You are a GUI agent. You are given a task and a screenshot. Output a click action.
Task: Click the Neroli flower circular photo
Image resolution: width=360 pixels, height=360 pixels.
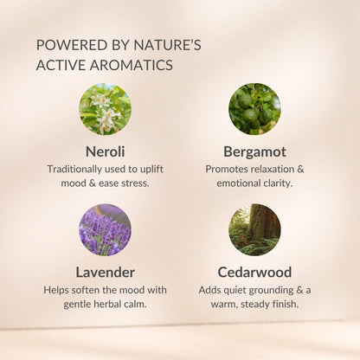pos(106,109)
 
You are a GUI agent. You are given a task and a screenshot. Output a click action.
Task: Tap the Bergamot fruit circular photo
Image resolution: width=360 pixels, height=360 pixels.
pos(254,109)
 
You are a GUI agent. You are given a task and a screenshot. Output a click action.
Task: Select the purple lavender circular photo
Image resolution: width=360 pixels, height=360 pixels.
pos(106,230)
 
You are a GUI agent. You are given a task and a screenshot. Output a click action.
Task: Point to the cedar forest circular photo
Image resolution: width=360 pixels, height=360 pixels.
pos(254,230)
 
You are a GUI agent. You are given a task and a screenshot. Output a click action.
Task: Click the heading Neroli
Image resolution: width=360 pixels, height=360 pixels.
pos(106,151)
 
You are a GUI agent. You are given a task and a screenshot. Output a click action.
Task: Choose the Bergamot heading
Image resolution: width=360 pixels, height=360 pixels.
pos(254,152)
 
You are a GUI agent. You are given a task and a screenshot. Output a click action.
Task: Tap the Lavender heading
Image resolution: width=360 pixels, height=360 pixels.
pos(106,273)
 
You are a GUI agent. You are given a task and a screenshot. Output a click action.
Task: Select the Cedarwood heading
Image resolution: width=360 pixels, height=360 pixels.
pos(254,273)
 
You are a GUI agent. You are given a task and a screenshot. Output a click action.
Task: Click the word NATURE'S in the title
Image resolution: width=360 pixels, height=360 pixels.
pos(168,45)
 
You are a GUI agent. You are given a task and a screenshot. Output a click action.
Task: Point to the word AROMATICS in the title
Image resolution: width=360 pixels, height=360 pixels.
pos(132,65)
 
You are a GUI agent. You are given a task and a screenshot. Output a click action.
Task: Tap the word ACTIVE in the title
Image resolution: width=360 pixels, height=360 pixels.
pos(61,65)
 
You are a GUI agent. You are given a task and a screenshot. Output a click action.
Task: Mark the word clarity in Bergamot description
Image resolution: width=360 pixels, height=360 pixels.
pos(278,183)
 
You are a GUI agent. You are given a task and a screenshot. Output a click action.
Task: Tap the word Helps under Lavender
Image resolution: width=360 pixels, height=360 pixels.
pos(56,290)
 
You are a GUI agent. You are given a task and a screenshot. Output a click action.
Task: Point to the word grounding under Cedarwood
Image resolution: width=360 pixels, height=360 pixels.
pos(271,291)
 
